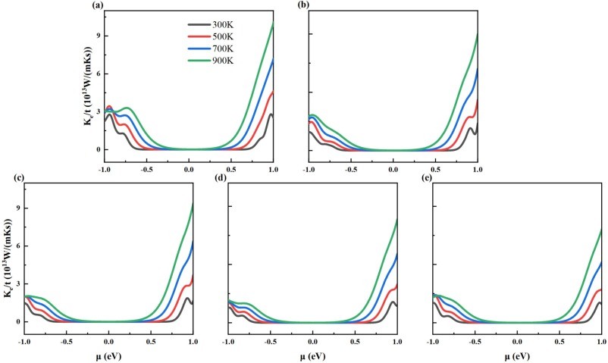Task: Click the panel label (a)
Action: tap(98, 5)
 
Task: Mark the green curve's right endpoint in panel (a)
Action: tap(273, 24)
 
